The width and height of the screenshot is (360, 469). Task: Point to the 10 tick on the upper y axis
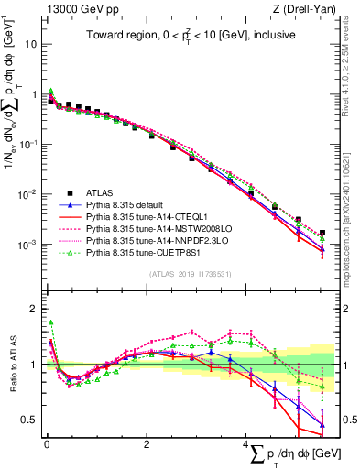(31, 44)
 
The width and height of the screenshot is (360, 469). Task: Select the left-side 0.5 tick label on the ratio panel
(30, 420)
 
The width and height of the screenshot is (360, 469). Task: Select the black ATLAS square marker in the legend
(60, 193)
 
